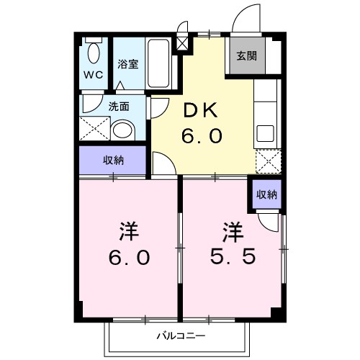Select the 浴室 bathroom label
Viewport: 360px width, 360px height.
pos(128,63)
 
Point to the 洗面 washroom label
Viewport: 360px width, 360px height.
pos(119,106)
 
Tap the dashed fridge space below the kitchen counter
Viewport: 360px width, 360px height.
pos(267,162)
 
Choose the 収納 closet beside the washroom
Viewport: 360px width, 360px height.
pos(114,160)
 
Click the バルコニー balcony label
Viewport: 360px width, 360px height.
pos(181,336)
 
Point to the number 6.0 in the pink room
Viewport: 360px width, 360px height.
pos(130,257)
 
